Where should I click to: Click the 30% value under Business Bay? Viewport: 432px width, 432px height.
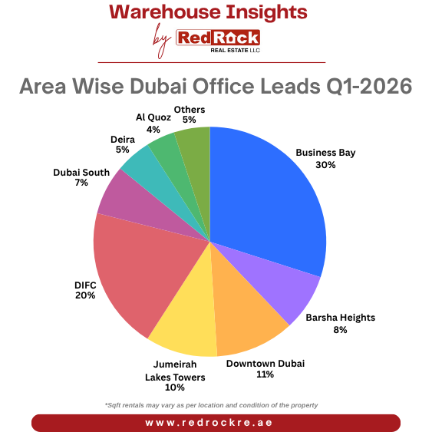(x=325, y=164)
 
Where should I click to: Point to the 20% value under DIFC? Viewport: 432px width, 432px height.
(x=85, y=295)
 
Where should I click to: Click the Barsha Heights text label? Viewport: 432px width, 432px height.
(x=340, y=317)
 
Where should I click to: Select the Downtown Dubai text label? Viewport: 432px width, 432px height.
(x=265, y=363)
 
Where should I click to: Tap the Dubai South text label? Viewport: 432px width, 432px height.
(x=81, y=172)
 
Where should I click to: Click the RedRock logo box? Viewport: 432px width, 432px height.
(x=218, y=38)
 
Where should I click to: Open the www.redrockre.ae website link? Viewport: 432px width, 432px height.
(x=216, y=423)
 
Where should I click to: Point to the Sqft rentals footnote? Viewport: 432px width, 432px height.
(x=211, y=404)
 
